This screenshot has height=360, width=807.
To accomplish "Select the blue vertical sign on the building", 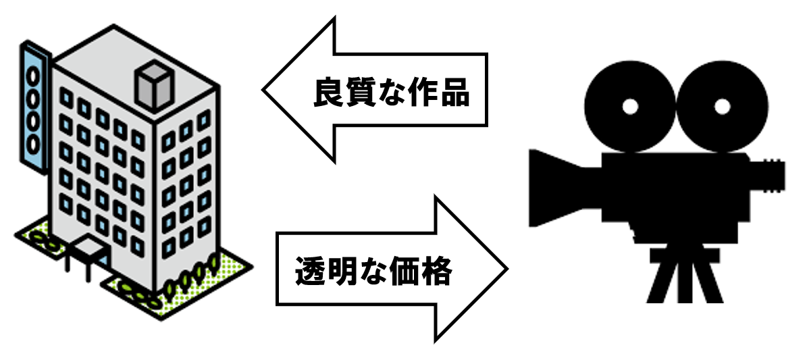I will click(32, 99).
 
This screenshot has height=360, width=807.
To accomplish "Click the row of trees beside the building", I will click(192, 276).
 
